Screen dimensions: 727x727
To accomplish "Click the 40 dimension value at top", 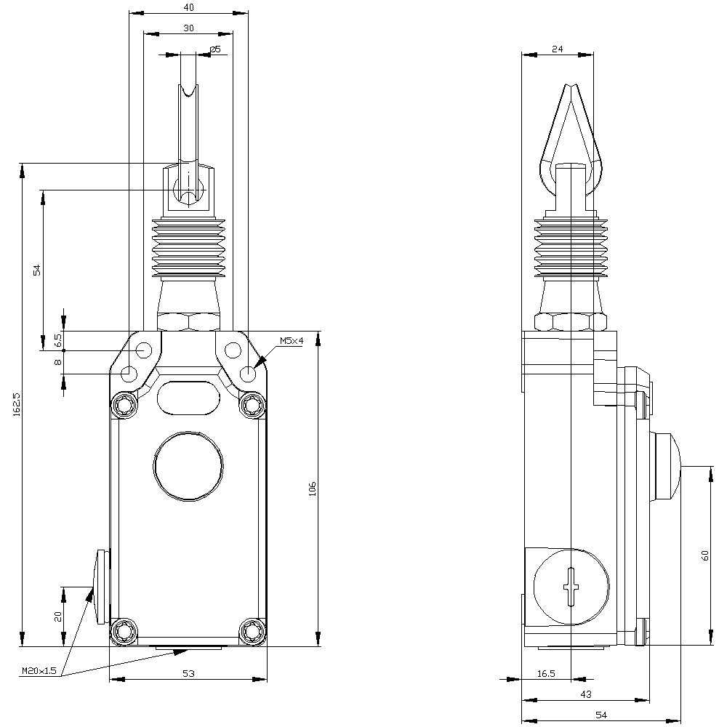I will [188, 7].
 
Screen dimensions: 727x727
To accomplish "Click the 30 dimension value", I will [188, 28].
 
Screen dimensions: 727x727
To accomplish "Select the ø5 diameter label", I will [214, 49].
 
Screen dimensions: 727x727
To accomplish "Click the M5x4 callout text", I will [291, 341].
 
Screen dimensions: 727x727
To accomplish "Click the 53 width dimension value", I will [188, 674].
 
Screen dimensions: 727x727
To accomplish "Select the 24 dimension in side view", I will [558, 49].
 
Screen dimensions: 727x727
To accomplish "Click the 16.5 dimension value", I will [546, 674].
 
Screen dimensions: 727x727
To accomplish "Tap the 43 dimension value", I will [585, 694].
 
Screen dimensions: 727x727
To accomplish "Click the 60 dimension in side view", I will [704, 555].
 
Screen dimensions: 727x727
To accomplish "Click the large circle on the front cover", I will [188, 466].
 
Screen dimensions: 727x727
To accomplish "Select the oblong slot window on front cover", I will [188, 398].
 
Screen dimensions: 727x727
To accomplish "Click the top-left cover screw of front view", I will [124, 403].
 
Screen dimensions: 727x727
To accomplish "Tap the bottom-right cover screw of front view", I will [253, 630].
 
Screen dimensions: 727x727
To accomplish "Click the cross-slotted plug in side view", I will [572, 586].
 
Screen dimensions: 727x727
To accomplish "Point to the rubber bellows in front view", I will [188, 247].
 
